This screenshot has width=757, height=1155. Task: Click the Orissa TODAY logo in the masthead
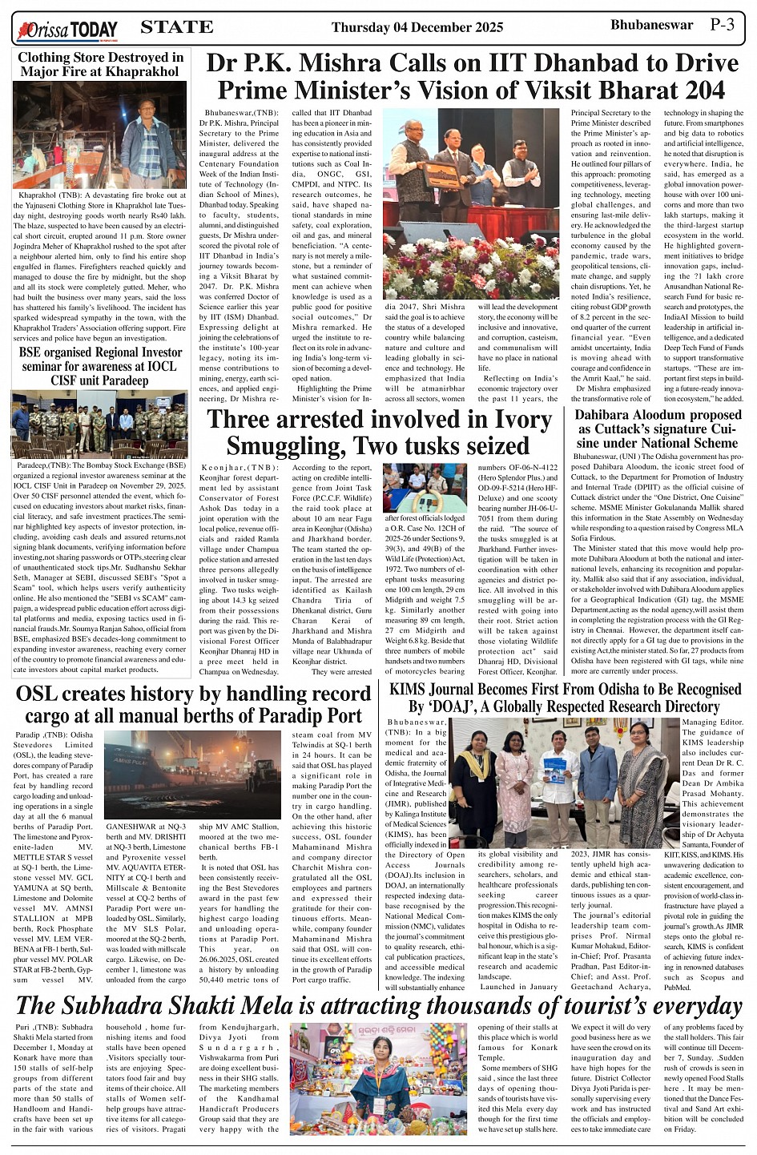[x=67, y=30]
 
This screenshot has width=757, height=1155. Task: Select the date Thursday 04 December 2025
[x=417, y=28]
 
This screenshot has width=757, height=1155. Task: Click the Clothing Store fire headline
[x=101, y=64]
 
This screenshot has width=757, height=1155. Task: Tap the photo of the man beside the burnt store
[x=151, y=136]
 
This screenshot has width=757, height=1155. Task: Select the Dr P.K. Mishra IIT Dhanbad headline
[x=472, y=77]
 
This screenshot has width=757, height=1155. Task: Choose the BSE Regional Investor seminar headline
[x=101, y=366]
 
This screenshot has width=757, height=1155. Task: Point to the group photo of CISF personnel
[x=100, y=423]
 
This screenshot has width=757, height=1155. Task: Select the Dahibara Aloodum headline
[x=659, y=429]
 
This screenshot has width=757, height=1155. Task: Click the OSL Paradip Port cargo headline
[x=193, y=704]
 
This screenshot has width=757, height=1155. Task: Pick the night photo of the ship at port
[x=192, y=773]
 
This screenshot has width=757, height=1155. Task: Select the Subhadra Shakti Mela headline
[x=378, y=1006]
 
